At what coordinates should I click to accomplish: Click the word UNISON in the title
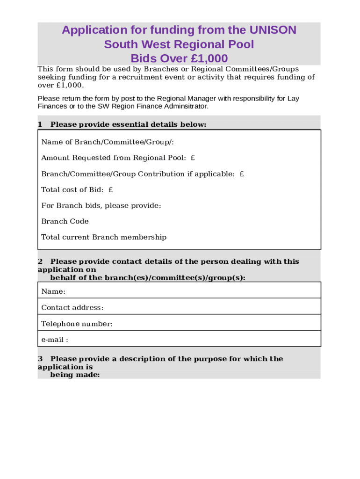coord(273,30)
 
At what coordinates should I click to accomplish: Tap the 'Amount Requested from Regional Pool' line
coord(118,158)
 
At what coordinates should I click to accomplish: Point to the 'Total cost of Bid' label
coord(77,190)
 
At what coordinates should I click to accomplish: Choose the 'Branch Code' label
coord(65,221)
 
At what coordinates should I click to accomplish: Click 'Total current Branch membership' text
coord(104,237)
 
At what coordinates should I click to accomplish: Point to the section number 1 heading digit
coord(40,124)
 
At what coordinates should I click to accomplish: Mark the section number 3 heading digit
coord(40,359)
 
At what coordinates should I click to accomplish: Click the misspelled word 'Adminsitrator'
coord(186,106)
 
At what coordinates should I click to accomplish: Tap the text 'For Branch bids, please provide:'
coord(101,206)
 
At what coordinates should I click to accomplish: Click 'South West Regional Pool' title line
coord(179,45)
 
